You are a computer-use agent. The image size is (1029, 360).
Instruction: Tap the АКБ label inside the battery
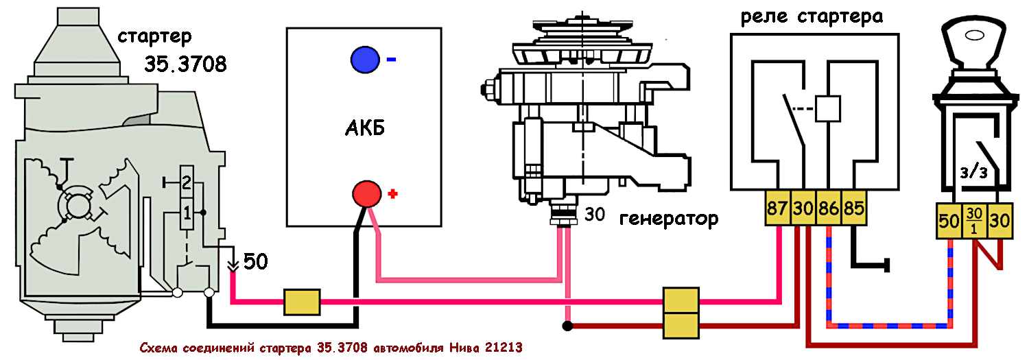[x=364, y=129]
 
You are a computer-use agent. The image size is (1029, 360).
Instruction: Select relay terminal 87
[x=778, y=208]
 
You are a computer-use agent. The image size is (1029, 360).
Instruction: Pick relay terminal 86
[x=829, y=208]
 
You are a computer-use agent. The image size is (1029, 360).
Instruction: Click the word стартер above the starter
[x=154, y=36]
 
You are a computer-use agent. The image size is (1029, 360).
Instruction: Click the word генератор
[x=668, y=219]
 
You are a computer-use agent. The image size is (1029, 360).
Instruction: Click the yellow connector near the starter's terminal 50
[x=302, y=301]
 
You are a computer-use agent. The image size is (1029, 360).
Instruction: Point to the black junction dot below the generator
[x=567, y=326]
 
